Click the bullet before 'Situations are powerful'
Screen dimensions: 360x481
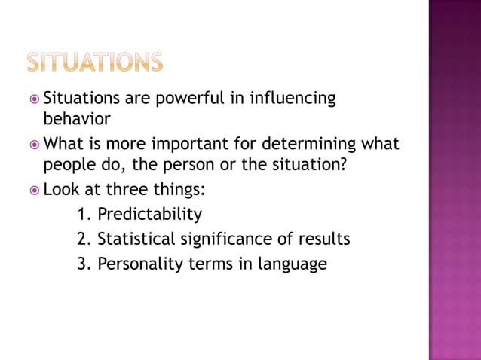pyautogui.click(x=33, y=99)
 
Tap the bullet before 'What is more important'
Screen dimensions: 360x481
pyautogui.click(x=33, y=144)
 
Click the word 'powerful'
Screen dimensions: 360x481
pyautogui.click(x=197, y=99)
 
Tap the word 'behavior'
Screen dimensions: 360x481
pyautogui.click(x=76, y=119)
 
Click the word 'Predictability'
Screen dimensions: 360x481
pyautogui.click(x=150, y=215)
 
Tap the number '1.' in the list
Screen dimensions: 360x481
pyautogui.click(x=84, y=215)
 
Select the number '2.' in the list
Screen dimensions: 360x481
pyautogui.click(x=84, y=239)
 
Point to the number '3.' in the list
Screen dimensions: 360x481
pyautogui.click(x=84, y=264)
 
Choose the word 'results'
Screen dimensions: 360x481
pyautogui.click(x=324, y=239)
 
